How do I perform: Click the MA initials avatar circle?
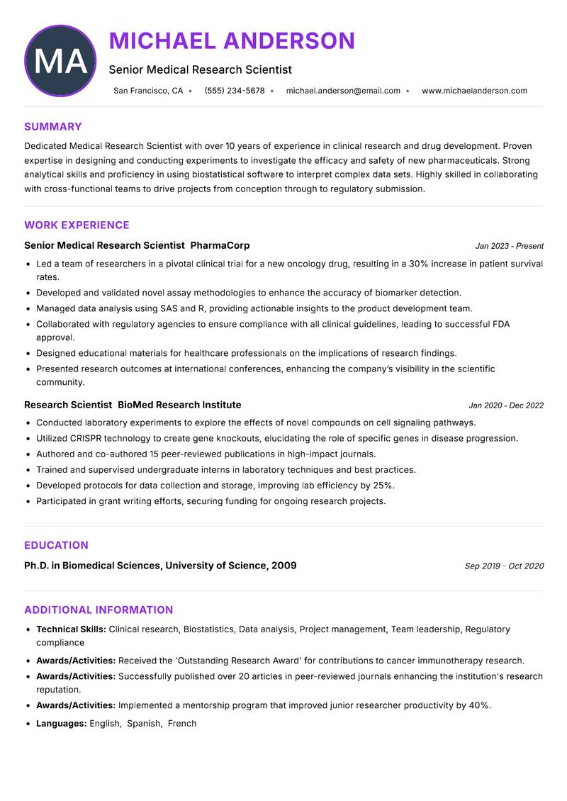pyautogui.click(x=60, y=61)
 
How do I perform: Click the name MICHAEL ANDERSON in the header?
pyautogui.click(x=232, y=41)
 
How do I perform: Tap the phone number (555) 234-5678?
pyautogui.click(x=234, y=91)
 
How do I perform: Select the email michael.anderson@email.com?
pyautogui.click(x=343, y=91)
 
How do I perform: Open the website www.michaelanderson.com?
pyautogui.click(x=474, y=91)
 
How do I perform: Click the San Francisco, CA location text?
pyautogui.click(x=148, y=91)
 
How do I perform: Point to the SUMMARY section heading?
pyautogui.click(x=53, y=127)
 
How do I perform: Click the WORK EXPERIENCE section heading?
pyautogui.click(x=77, y=225)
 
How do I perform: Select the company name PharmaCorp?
pyautogui.click(x=220, y=245)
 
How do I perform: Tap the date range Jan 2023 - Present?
pyautogui.click(x=509, y=246)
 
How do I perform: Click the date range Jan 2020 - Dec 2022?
pyautogui.click(x=506, y=405)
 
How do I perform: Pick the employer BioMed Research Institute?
pyautogui.click(x=179, y=405)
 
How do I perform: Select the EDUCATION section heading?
pyautogui.click(x=56, y=545)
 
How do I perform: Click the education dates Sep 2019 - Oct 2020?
pyautogui.click(x=504, y=566)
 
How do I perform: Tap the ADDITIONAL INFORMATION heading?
pyautogui.click(x=99, y=610)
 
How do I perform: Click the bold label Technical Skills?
pyautogui.click(x=71, y=629)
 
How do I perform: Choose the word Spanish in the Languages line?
pyautogui.click(x=144, y=724)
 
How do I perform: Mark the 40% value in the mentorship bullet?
pyautogui.click(x=479, y=705)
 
